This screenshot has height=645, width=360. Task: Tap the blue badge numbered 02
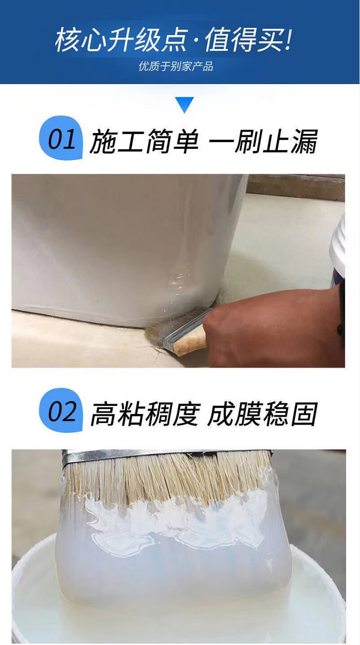61,411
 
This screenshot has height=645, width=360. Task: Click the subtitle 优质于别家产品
176,66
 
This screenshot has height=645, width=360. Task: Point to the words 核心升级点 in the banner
121,39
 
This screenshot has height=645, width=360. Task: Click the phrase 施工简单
144,141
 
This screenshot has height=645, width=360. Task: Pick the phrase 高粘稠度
145,414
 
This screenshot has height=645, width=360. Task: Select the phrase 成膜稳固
263,414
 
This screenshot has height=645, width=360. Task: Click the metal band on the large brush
167,456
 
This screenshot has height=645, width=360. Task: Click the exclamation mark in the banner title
289,39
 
